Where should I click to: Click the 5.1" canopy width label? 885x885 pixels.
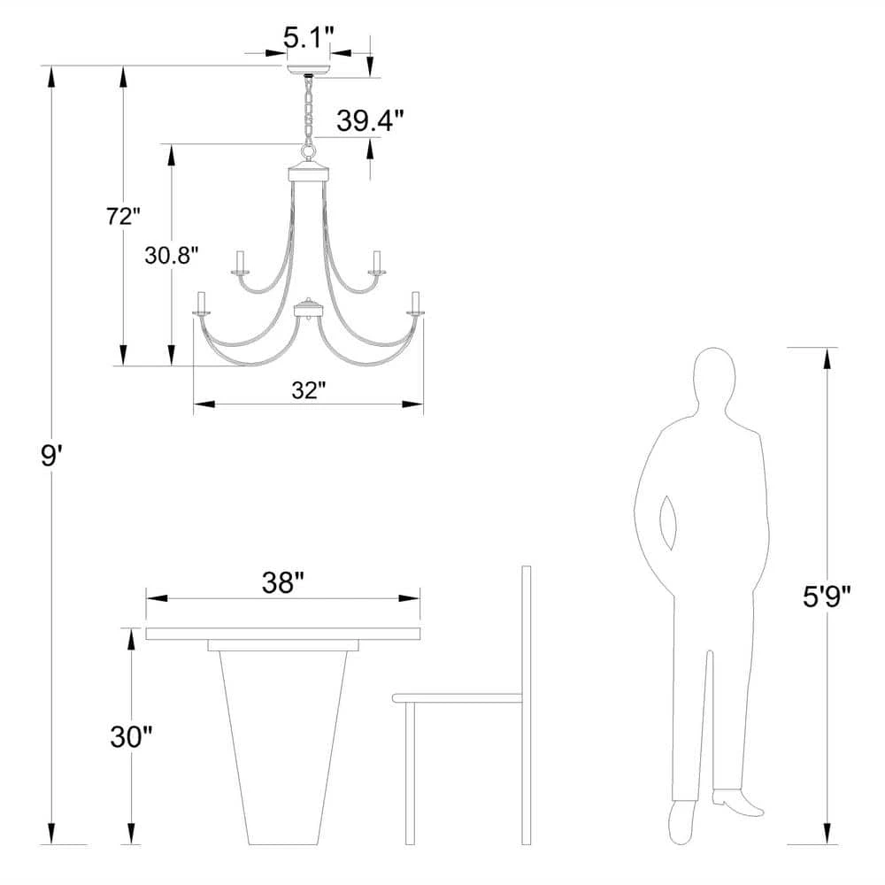coord(308,38)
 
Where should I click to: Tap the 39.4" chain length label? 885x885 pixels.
coord(370,120)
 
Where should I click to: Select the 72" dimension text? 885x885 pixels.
coord(122,216)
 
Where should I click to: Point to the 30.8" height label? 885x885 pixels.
coord(172,255)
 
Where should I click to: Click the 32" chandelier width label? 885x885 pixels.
coord(309,390)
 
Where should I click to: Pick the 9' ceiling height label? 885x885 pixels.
coord(50,455)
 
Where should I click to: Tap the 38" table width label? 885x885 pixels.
coord(283,582)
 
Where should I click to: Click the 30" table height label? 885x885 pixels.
coord(131,736)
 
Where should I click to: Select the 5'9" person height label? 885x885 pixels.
coord(827,596)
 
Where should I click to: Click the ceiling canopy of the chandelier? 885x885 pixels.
coord(308,70)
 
